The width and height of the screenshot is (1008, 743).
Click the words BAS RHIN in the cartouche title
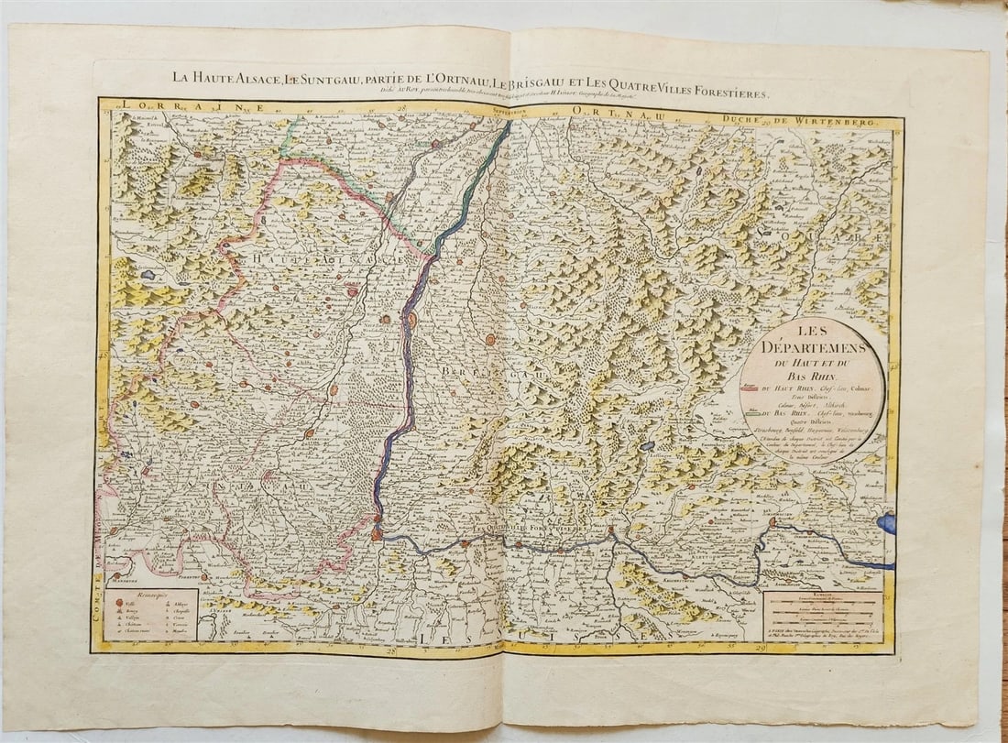click(x=812, y=377)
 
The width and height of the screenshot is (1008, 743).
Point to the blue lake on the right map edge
click(x=886, y=524)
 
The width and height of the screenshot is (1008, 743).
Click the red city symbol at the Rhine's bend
click(x=377, y=533)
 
